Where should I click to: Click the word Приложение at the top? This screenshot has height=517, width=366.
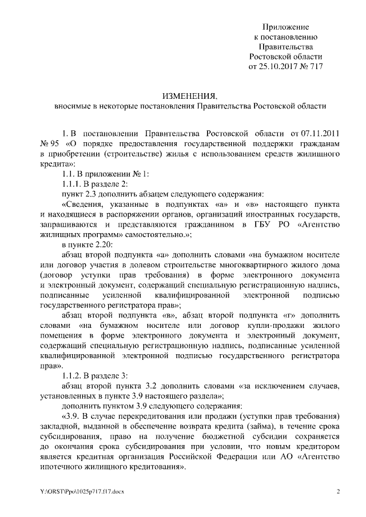pos(286,27)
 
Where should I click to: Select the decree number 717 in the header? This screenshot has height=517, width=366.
pos(316,66)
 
